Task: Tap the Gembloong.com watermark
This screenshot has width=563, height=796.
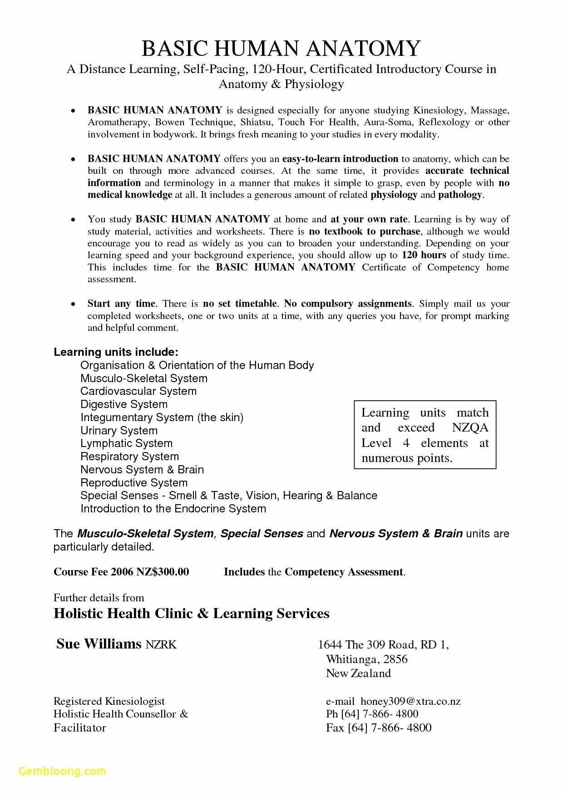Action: pos(62,771)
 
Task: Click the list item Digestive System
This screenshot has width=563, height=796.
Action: pos(124,404)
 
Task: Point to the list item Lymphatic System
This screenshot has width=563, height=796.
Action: pos(126,443)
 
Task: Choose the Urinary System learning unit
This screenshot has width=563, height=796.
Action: pos(119,430)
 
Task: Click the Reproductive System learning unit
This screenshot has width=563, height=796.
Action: pos(134,483)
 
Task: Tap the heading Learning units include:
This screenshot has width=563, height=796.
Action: pos(116,352)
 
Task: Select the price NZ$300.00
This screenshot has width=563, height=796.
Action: pos(162,572)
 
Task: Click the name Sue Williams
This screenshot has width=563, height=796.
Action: pos(99,644)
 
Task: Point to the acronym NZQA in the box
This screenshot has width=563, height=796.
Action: pos(470,428)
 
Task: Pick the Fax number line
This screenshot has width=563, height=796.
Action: pos(379,728)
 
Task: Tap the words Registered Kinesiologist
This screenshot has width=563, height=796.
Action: pos(109,701)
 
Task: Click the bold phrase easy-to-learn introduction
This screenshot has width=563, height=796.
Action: pos(340,159)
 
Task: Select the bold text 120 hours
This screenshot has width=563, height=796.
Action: pos(424,255)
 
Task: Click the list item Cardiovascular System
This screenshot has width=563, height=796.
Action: pos(138,391)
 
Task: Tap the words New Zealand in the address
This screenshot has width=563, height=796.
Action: pos(358,673)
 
